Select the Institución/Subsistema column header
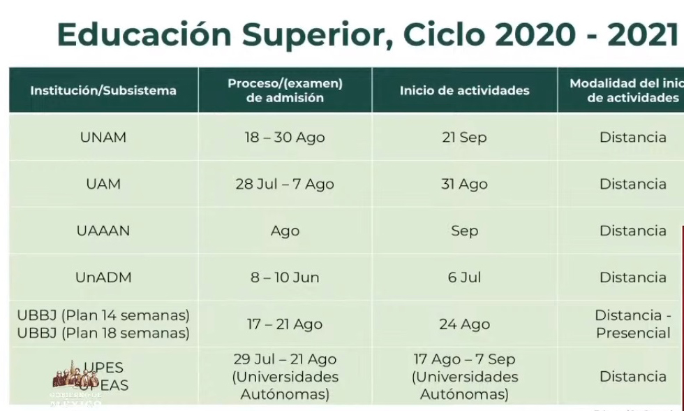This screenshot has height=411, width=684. coord(103,90)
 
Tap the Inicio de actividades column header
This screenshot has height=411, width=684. coord(464,90)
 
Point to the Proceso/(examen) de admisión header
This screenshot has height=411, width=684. coord(285,90)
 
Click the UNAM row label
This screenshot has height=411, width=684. coord(103,137)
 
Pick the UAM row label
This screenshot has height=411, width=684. coord(103,184)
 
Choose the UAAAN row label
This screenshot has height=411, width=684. coord(103,231)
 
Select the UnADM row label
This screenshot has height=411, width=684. coord(103,277)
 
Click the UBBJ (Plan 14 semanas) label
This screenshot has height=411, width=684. coord(103,315)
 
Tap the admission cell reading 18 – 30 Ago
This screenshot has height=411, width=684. coord(285,137)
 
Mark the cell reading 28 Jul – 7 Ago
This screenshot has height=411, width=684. coord(285,184)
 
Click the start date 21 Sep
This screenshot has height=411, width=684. coord(464,137)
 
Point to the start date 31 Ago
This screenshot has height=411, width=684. coord(464,184)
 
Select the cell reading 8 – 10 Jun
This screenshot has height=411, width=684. coord(285,277)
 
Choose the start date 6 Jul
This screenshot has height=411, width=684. coord(464,277)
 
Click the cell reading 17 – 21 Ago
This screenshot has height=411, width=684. coord(285,324)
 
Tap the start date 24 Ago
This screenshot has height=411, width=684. coord(464,324)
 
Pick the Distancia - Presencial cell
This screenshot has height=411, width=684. coord(632,324)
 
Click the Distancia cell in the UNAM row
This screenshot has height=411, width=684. coord(632,137)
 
